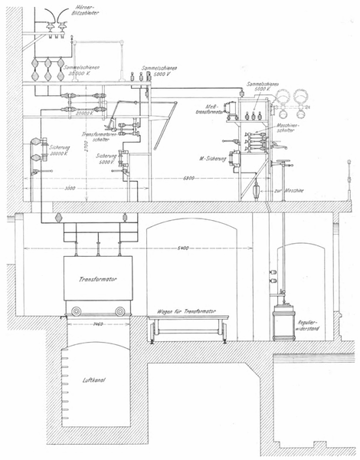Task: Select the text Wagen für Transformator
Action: coord(188,313)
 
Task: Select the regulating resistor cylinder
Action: coord(284,319)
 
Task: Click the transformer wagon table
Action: coord(188,327)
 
